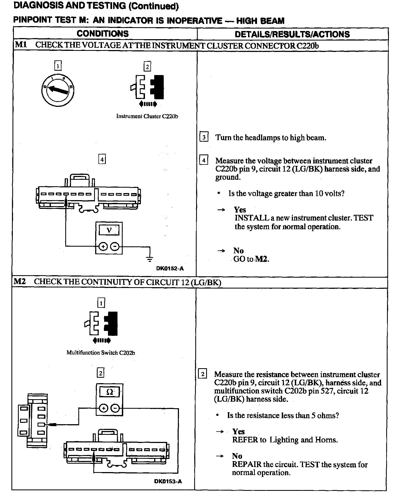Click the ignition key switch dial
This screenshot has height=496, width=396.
[58, 90]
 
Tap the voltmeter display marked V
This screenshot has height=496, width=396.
[109, 231]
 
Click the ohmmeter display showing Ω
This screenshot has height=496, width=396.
[109, 392]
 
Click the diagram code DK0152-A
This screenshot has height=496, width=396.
[170, 269]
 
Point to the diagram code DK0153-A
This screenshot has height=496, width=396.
[168, 481]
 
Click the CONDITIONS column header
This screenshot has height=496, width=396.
[103, 34]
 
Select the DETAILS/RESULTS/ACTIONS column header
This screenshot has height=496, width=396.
[292, 34]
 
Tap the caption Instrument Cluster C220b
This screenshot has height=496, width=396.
[147, 116]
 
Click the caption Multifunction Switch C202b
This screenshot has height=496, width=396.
[101, 353]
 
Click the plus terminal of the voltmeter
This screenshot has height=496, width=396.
[103, 247]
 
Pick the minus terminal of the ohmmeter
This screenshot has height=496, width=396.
[116, 408]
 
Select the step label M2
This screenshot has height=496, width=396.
[20, 281]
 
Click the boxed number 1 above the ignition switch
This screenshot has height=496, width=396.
[58, 66]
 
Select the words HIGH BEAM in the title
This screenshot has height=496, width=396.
[260, 21]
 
